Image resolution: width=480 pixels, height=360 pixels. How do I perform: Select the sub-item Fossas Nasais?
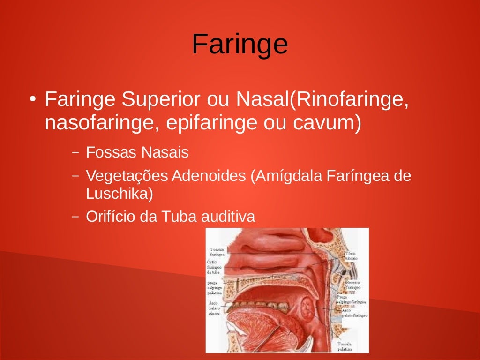click(x=137, y=152)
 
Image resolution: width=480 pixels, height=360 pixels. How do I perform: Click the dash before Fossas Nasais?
click(x=75, y=152)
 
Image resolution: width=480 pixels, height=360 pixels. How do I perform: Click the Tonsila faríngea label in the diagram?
click(x=217, y=251)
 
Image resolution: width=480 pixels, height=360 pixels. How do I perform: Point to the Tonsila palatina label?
click(x=345, y=346)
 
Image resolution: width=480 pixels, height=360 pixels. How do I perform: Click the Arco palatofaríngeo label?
click(x=354, y=313)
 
